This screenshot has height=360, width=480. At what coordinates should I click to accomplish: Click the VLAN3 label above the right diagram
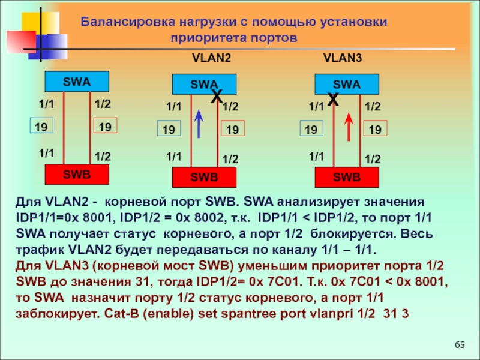click(343, 59)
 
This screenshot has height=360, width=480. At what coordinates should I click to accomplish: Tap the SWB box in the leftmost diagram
click(77, 174)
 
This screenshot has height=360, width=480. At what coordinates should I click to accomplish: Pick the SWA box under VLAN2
click(204, 85)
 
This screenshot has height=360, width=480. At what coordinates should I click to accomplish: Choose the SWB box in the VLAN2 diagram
click(204, 178)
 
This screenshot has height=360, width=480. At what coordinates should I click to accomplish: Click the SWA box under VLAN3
click(347, 85)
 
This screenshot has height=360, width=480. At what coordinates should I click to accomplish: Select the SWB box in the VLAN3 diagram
click(347, 178)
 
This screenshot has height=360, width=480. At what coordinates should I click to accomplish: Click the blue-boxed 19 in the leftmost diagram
click(41, 126)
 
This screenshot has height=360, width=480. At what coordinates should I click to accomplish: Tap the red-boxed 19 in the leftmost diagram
click(105, 126)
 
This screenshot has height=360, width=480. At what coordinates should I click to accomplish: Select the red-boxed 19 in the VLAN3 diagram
click(375, 130)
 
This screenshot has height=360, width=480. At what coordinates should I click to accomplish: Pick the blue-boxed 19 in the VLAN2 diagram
click(169, 130)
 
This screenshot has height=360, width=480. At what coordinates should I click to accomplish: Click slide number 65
click(460, 344)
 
